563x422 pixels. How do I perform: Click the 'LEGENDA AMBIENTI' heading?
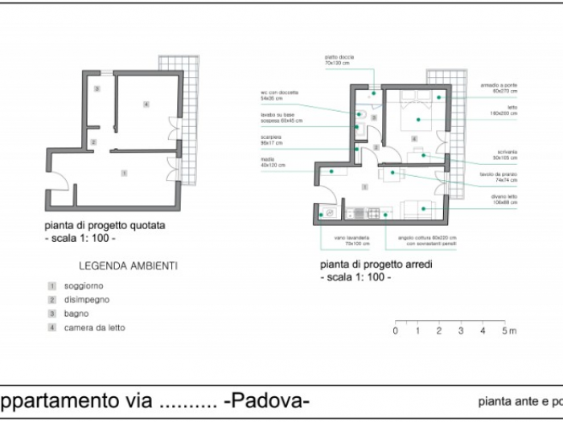coord(129,264)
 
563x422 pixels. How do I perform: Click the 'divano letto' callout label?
coord(503,199)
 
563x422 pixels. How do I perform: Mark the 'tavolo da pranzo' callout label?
coord(499,178)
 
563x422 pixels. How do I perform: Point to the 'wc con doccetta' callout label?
coord(276,96)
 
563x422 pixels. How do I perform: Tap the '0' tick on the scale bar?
coord(396,330)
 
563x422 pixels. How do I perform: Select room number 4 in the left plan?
coord(146,104)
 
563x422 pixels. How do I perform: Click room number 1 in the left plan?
coord(124,173)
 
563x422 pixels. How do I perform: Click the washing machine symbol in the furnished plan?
coord(330,213)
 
